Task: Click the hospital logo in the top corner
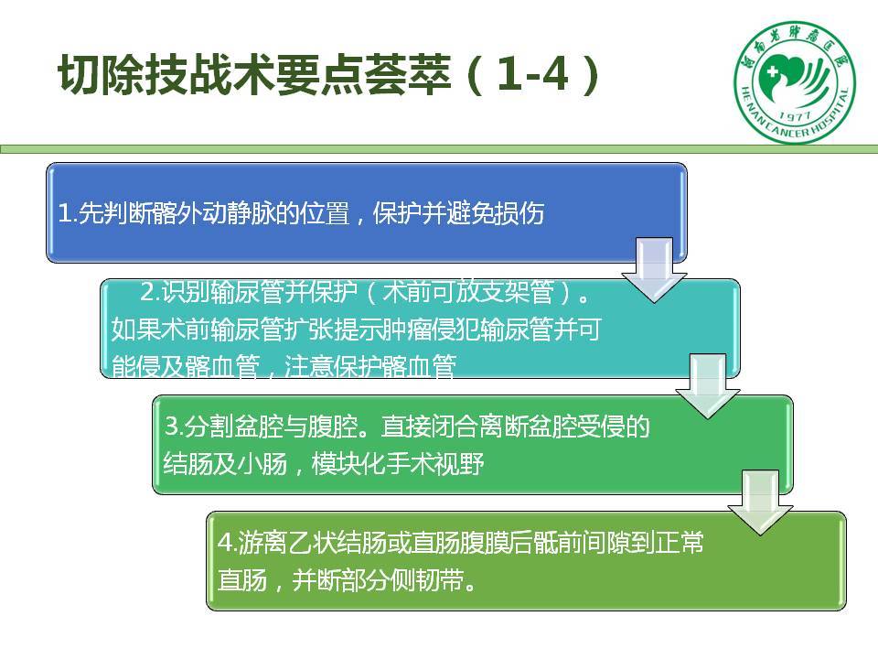(x=795, y=82)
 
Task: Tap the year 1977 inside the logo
(x=795, y=116)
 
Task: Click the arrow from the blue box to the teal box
(x=654, y=270)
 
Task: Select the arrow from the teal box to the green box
(x=708, y=386)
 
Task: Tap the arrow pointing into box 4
(x=760, y=502)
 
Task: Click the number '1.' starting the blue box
(x=67, y=213)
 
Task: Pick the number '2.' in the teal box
(x=150, y=292)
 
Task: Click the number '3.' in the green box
(x=174, y=427)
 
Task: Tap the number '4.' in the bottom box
(x=228, y=543)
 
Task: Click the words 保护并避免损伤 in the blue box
(x=458, y=213)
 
